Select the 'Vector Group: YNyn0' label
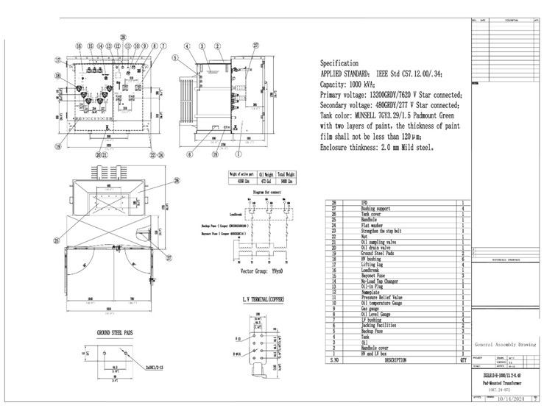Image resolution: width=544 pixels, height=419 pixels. click(261, 271)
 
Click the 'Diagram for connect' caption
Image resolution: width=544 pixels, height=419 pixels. click(266, 191)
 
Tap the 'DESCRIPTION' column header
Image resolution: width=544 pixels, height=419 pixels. click(395, 361)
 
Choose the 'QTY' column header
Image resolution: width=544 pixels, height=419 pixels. click(463, 361)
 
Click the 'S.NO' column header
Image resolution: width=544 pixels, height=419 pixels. click(334, 361)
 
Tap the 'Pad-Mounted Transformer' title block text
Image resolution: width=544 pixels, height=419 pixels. click(504, 383)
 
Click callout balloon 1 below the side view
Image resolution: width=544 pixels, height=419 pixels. click(238, 155)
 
